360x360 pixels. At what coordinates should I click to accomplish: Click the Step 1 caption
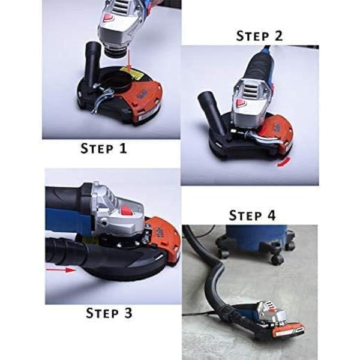pos(104,148)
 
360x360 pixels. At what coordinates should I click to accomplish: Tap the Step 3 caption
pos(109,313)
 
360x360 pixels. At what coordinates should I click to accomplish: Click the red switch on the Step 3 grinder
pos(127,211)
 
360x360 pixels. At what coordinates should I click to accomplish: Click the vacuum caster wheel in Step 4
pos(277,259)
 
